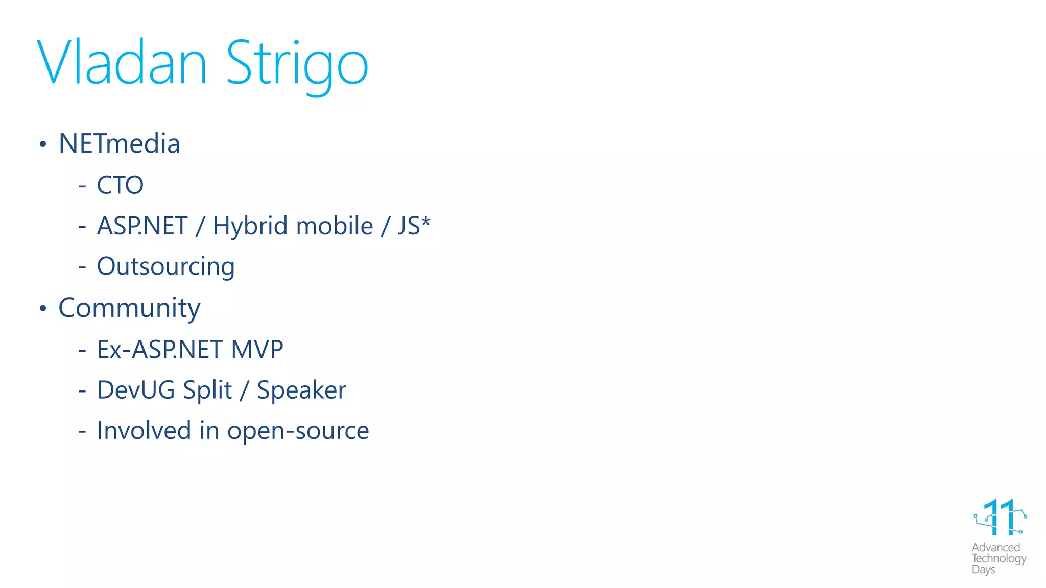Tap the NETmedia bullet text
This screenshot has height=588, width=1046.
pos(119,143)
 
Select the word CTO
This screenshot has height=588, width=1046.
pos(120,185)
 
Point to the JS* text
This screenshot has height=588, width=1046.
pos(414,226)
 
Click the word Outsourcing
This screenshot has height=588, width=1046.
pos(165,266)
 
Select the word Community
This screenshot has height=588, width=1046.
pos(129,308)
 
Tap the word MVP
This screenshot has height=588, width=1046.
pos(257,350)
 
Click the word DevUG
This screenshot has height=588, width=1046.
pos(136,390)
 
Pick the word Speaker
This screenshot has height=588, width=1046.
pos(301,390)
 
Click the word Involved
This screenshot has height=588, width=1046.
pos(144,430)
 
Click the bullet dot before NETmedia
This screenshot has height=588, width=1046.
pos(43,144)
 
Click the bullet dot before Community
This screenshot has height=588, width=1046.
pos(43,308)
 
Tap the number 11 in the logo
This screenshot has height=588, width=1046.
pos(1000,517)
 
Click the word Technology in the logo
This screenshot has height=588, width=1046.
pos(999,558)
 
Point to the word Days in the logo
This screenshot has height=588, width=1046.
pos(983,570)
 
